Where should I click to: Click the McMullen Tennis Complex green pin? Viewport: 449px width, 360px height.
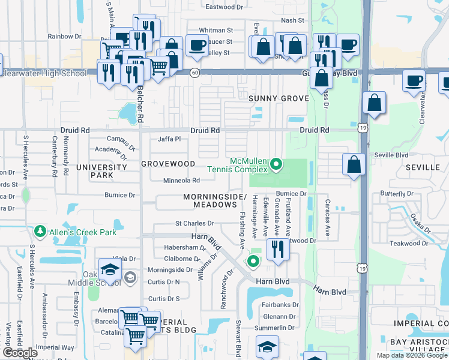(276, 163)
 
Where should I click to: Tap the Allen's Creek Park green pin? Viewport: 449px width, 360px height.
(40, 231)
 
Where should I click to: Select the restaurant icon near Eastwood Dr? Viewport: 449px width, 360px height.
(277, 248)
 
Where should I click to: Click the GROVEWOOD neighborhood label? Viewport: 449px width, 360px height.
(168, 164)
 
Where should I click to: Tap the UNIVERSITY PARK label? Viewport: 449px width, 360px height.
(109, 172)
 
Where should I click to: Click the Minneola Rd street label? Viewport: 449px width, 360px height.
(181, 180)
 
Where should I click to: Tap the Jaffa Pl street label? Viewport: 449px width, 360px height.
(169, 139)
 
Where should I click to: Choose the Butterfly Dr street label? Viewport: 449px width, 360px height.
(397, 194)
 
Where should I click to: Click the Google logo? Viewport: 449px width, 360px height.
(20, 353)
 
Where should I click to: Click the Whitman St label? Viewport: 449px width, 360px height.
(215, 30)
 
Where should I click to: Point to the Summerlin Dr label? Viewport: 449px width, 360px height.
(274, 328)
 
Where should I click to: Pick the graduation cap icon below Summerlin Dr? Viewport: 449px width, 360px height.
(267, 346)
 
